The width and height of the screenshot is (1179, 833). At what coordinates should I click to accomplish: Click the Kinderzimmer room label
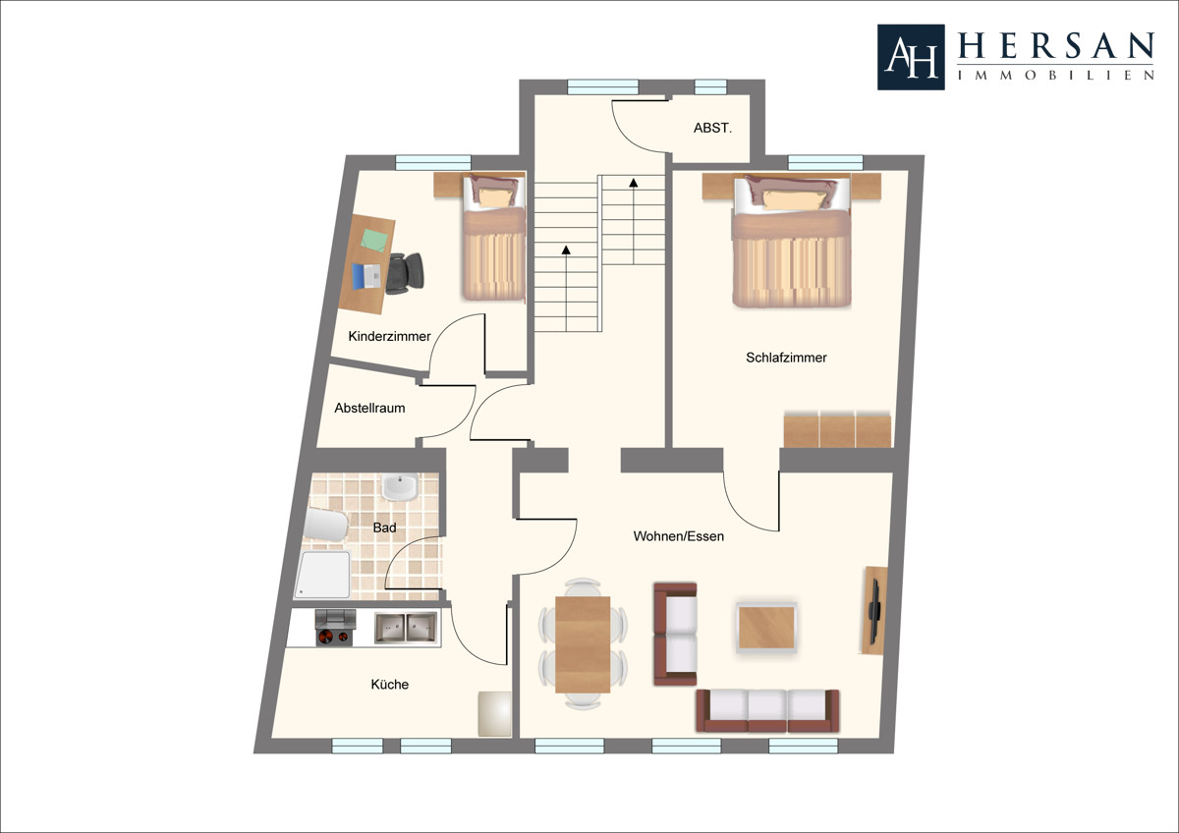point(389,336)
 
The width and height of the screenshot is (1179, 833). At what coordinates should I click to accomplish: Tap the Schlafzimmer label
point(786,358)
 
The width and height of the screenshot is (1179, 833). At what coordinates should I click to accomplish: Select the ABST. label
point(712,128)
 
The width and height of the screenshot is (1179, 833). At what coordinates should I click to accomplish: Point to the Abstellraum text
point(369,408)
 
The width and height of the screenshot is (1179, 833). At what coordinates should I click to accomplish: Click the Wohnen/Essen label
point(679,536)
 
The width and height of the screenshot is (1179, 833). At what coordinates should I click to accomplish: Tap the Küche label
point(389,684)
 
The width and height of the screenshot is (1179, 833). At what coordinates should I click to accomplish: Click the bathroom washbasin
point(400,487)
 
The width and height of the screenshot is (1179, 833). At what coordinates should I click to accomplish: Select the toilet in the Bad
point(326,525)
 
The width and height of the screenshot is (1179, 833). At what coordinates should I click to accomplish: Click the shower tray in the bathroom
point(322,575)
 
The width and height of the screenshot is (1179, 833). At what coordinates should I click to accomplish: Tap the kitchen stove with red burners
point(335,628)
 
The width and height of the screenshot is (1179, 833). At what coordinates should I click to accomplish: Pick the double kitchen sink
point(405,628)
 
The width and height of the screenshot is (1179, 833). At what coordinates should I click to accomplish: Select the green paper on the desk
point(374,240)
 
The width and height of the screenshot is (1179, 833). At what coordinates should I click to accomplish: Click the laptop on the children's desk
point(366,276)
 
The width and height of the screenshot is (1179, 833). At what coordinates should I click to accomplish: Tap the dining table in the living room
point(583,644)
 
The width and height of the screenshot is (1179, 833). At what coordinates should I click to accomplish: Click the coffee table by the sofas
point(766,628)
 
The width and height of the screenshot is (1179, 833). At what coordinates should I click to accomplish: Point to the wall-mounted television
point(874,611)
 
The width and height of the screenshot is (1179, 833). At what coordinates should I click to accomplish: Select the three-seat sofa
point(767,711)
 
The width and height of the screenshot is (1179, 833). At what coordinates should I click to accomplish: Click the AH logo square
point(911,57)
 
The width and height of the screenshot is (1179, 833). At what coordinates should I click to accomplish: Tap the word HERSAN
point(1056,45)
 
